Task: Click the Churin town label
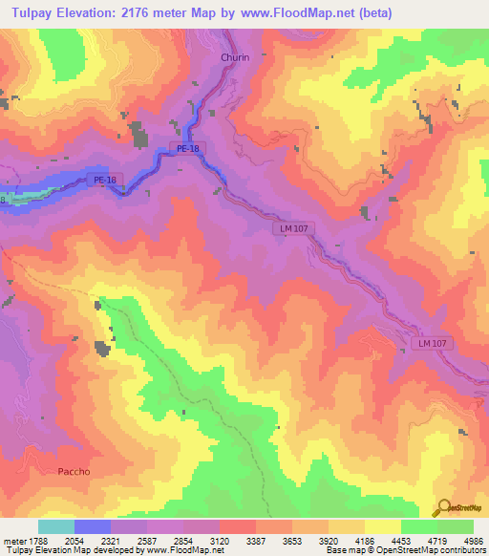[235, 57]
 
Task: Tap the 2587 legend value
[148, 540]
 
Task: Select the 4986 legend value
[474, 540]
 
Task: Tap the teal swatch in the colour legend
[56, 526]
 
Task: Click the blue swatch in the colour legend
[93, 526]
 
